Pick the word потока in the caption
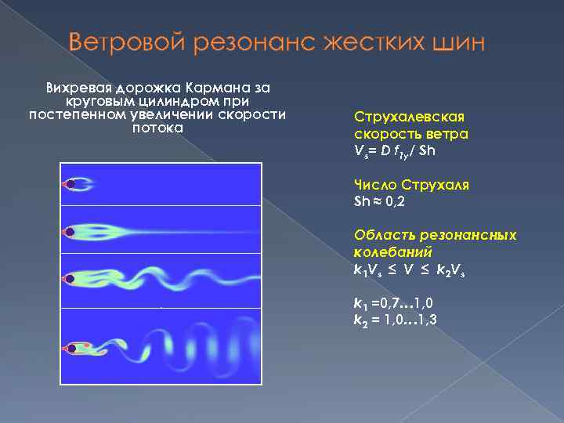157,127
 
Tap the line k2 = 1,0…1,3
396,318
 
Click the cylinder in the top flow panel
70,185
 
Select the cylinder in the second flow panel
70,231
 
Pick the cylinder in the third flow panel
70,278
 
